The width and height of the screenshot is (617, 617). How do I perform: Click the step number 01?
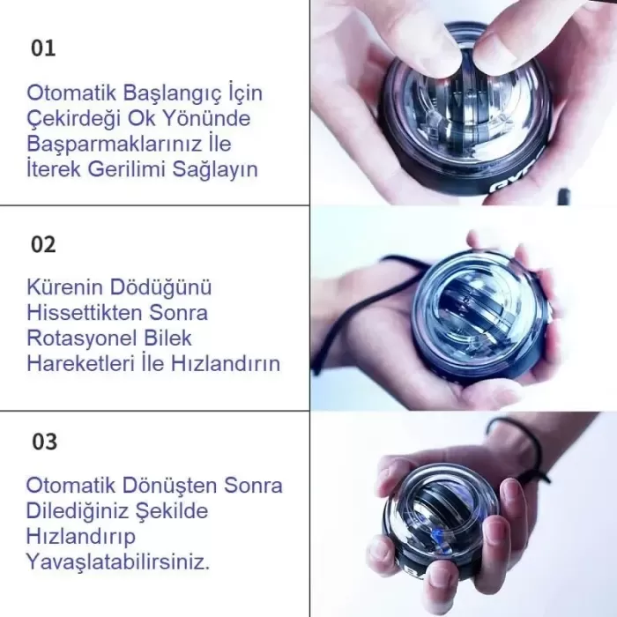click(43, 48)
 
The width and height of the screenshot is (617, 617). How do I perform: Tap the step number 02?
click(43, 244)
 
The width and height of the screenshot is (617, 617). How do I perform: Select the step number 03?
click(43, 442)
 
